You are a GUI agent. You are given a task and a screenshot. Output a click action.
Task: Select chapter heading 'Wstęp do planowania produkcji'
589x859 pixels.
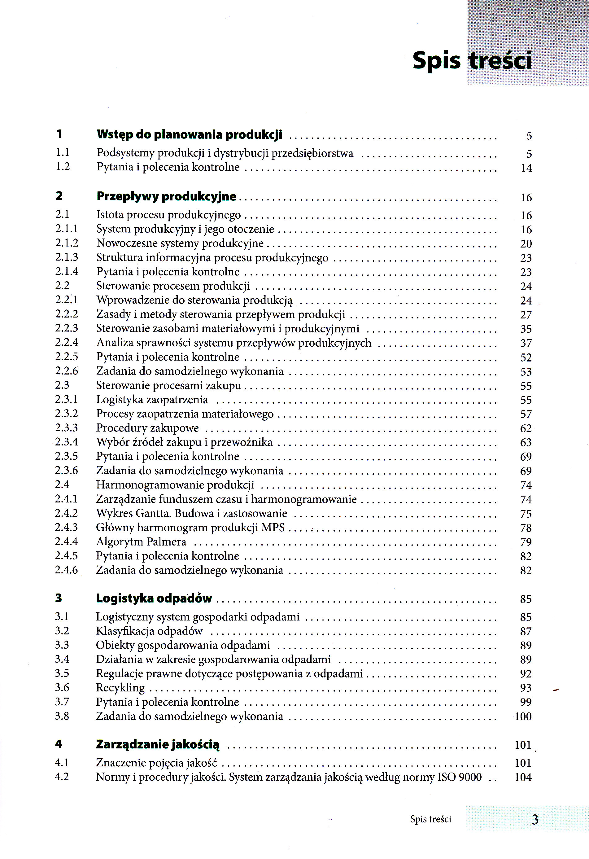click(x=189, y=134)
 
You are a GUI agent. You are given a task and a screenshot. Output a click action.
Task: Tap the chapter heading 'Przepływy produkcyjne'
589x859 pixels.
click(x=166, y=196)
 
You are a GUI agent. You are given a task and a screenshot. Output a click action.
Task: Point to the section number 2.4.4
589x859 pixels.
click(x=67, y=541)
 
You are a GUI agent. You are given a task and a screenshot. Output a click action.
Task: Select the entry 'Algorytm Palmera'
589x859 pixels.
click(x=141, y=542)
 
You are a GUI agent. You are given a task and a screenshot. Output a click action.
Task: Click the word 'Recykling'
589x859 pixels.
click(x=120, y=687)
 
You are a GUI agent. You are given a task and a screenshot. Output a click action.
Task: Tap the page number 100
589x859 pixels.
click(x=523, y=716)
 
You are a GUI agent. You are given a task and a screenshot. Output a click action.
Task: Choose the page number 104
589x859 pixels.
click(x=523, y=777)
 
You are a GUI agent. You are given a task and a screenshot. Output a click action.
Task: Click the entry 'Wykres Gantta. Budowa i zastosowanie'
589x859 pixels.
click(x=191, y=513)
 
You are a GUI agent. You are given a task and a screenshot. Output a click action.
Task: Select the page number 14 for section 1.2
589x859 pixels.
click(x=526, y=168)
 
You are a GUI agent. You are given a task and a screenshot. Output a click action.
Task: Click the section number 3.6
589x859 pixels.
click(x=62, y=687)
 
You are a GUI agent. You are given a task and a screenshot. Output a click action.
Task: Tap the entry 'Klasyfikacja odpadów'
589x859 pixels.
click(x=149, y=631)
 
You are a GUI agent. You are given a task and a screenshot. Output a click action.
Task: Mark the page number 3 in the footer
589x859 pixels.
click(x=535, y=820)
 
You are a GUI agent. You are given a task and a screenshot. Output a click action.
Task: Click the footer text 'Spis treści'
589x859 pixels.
click(x=430, y=819)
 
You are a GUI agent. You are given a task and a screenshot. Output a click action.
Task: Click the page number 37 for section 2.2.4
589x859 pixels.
click(x=526, y=343)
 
